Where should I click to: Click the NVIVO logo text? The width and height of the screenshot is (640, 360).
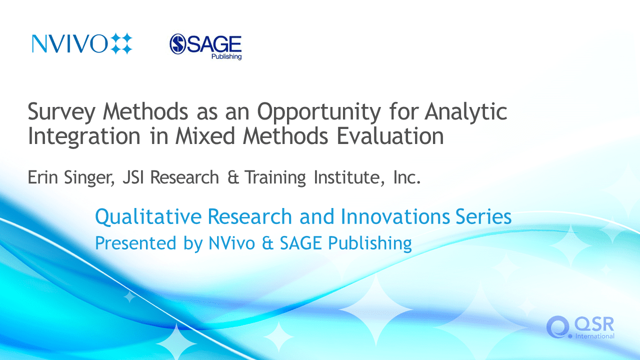pos(69,43)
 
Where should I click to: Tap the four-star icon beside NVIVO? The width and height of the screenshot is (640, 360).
pos(121,43)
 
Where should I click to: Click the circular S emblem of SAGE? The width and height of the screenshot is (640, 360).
pos(177,44)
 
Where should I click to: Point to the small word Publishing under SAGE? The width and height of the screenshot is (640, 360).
pos(226,56)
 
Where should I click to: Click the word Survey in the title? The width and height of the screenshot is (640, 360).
pos(61,112)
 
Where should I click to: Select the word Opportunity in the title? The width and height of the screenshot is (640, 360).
pos(319,112)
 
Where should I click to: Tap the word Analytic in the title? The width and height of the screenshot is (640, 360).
pos(465,112)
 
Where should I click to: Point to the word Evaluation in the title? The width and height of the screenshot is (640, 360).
pos(390,136)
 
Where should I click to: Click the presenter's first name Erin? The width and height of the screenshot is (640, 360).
pos(42,177)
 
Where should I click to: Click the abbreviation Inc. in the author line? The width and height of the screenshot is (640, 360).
pos(407,177)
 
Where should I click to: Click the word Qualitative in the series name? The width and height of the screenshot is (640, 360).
pos(148,216)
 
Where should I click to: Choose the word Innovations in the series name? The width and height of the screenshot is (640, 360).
pos(395,216)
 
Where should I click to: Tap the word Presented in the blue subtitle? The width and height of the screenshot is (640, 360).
pos(135,243)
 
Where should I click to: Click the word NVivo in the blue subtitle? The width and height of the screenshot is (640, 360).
pos(231,243)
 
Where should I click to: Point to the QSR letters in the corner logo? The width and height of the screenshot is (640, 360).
pos(593,324)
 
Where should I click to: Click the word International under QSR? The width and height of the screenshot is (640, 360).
pos(594,336)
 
